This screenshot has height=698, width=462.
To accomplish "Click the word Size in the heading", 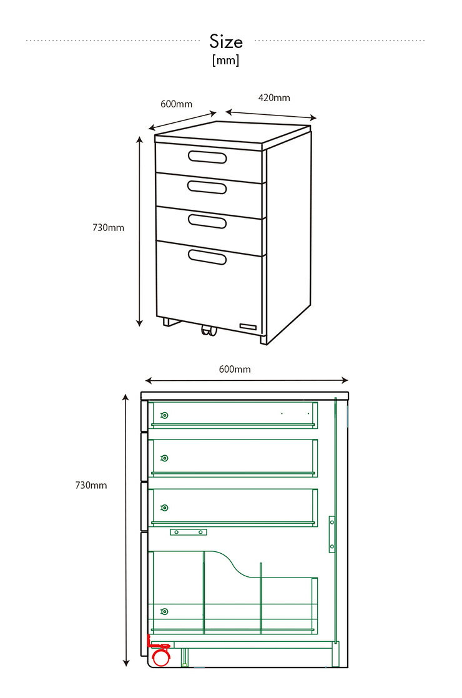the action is coord(226,42).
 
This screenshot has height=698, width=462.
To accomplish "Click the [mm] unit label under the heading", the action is coord(225,60).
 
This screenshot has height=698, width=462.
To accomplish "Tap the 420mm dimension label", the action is coord(274,98).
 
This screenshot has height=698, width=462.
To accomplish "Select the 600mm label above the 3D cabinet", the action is coord(176,104).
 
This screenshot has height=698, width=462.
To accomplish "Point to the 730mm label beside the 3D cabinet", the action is coord(108,228).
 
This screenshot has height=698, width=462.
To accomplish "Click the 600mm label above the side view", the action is coord(235,370).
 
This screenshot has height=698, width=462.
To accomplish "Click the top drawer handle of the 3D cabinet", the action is coord(207,157).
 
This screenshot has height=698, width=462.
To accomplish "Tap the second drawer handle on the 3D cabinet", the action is coord(207,187).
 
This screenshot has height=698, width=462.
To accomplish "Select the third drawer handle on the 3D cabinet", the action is coord(207,221).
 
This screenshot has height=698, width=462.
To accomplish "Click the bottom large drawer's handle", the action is coord(207,256).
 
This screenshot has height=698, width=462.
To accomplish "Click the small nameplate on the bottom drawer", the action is coord(248,327).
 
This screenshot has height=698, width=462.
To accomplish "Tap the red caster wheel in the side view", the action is coord(160,657).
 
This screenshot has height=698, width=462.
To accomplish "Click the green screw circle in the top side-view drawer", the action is coord(165,416).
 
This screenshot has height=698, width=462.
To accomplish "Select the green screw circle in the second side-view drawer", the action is coord(165,458).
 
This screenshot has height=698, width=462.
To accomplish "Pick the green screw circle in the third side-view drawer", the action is coord(165,508).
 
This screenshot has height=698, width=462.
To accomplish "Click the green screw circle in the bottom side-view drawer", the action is coord(165,612).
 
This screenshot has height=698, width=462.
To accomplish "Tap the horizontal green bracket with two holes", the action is coord(189,532).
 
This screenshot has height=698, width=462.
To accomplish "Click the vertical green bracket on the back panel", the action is coord(332,534).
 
